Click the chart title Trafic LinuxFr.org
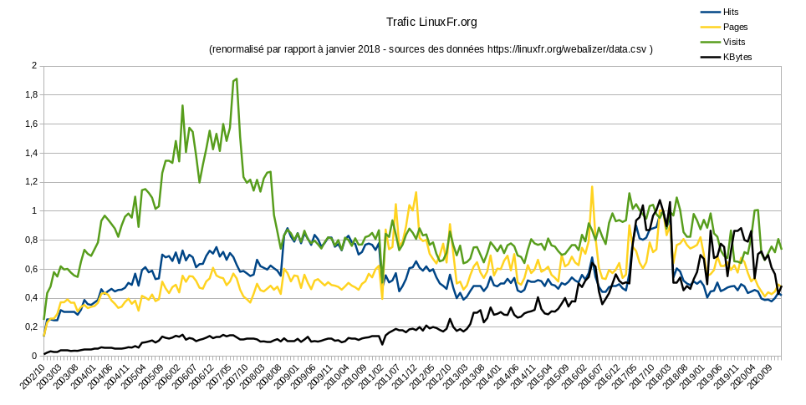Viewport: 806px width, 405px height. click(x=431, y=22)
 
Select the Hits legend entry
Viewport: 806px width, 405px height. click(x=735, y=13)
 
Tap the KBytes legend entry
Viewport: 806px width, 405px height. click(x=738, y=56)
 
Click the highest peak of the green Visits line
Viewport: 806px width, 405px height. click(x=237, y=78)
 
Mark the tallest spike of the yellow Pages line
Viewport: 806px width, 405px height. click(x=592, y=187)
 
